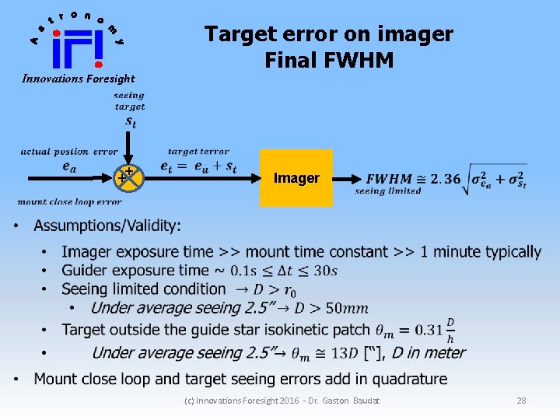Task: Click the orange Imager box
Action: (296, 178)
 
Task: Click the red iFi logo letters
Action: (78, 48)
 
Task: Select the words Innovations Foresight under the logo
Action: (79, 79)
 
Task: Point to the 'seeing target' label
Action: (130, 101)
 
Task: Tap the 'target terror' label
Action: (198, 152)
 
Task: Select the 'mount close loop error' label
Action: (69, 202)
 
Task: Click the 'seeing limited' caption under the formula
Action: (388, 191)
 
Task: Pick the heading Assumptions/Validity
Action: (107, 226)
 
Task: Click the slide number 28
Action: (521, 401)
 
